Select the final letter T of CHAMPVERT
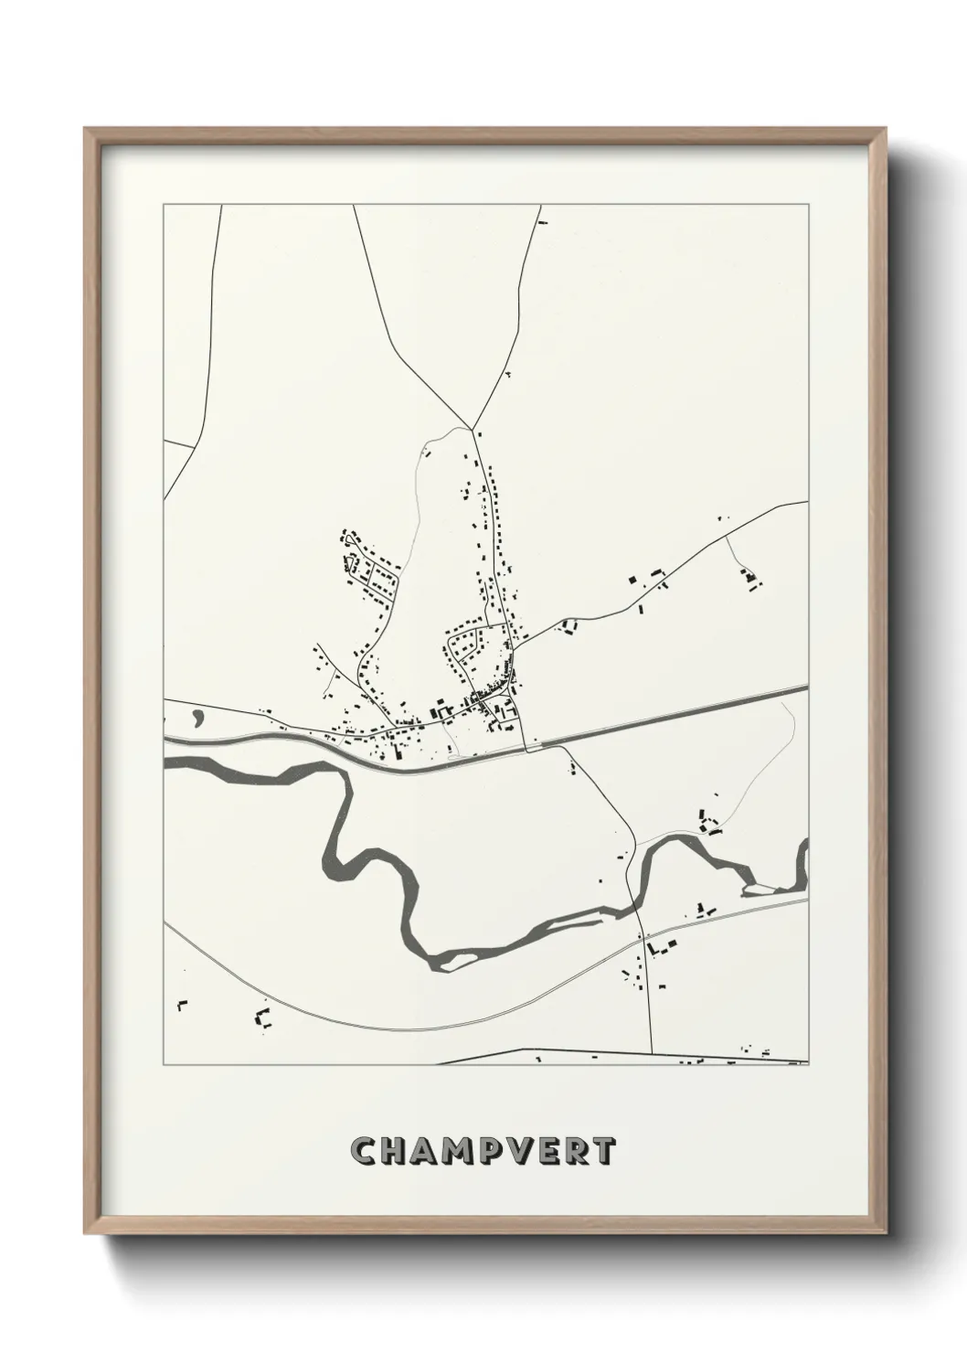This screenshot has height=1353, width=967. (604, 1151)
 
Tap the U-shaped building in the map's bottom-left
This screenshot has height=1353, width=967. (264, 1018)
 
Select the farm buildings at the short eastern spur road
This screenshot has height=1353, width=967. (751, 579)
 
